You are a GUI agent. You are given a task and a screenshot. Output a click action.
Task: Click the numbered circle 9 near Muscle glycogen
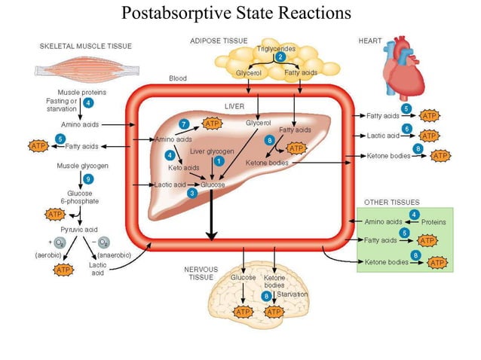[x=89, y=178]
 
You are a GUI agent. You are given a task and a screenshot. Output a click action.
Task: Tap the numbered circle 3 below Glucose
[x=192, y=194]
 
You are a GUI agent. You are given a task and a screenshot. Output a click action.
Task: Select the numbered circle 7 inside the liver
[x=185, y=123]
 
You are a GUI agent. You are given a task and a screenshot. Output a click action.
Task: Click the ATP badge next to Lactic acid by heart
[x=429, y=136]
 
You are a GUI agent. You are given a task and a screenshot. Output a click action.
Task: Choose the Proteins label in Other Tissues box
[x=433, y=222]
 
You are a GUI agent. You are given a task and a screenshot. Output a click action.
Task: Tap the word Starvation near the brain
[x=292, y=294]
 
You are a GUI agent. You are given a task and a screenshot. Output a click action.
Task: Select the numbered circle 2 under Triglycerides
[x=280, y=57]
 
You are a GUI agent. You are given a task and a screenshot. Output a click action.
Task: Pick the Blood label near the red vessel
[x=178, y=78]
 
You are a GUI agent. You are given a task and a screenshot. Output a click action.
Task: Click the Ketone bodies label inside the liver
[x=266, y=163]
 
